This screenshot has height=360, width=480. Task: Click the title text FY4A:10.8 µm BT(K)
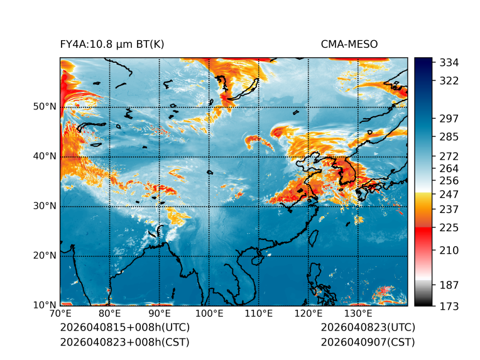[x=112, y=44]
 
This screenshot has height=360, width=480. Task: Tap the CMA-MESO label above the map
[x=349, y=44]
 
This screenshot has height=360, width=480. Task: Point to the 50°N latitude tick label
[x=45, y=107]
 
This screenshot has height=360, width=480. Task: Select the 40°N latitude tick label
[x=45, y=156]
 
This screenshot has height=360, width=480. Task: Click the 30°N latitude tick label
[x=45, y=206]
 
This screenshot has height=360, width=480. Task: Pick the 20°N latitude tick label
[x=45, y=256]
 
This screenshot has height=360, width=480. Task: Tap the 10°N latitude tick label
[x=45, y=305]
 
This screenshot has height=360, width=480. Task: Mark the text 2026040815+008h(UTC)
[x=124, y=328]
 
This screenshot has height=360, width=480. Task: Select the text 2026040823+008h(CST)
[x=124, y=342]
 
